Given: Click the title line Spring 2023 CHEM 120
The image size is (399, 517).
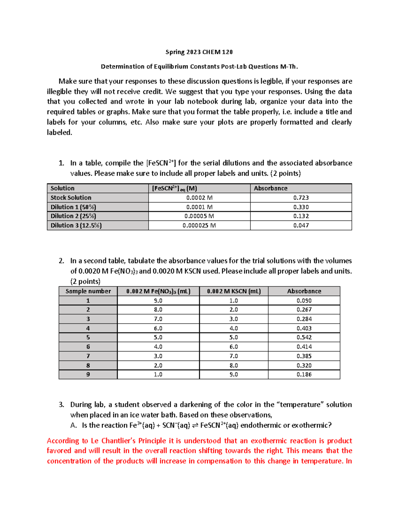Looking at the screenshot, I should [199, 52].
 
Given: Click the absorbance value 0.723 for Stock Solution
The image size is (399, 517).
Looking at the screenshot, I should [301, 198].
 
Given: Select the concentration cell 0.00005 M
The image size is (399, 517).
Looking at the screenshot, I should [199, 216].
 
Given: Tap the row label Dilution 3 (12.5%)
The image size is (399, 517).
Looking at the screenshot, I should [76, 225].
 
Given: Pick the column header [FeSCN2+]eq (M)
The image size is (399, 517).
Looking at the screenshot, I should [175, 188].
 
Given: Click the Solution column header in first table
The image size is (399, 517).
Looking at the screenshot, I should [63, 188].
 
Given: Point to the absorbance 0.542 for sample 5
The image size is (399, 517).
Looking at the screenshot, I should [304, 338].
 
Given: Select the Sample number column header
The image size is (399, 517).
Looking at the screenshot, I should [88, 291].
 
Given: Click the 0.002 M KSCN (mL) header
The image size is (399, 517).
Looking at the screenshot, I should [234, 291].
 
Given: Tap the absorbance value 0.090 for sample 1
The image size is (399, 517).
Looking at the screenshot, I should [304, 301].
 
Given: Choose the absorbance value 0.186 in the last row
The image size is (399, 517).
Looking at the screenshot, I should [304, 375].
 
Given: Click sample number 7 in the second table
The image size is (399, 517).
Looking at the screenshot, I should [88, 356].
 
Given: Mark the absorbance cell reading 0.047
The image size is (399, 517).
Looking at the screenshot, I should [301, 225].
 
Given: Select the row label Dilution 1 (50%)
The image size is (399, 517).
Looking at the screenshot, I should [73, 207].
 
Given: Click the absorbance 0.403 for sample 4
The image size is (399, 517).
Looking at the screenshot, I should [304, 328].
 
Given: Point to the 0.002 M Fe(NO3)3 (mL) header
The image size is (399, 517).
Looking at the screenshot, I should [158, 291].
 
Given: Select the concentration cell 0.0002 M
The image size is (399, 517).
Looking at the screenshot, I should [199, 198].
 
